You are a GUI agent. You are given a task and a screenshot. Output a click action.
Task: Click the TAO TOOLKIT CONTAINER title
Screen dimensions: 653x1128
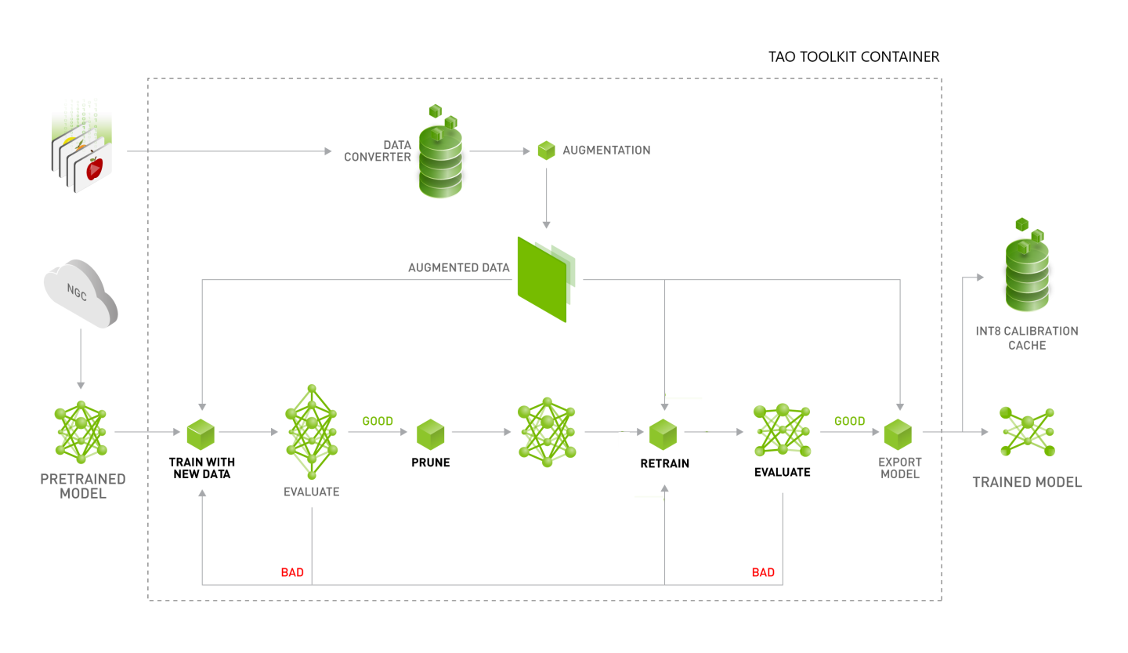[854, 57]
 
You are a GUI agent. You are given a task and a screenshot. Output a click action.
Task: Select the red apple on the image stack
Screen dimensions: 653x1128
[95, 167]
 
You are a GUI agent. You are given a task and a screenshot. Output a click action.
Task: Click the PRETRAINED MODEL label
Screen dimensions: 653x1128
[82, 486]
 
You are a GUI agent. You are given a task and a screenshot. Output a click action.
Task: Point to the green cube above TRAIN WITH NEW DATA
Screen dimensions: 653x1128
[201, 433]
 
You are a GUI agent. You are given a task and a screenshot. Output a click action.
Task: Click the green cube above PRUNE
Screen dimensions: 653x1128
[430, 433]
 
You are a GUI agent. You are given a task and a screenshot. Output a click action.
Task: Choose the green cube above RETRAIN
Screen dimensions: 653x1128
[663, 433]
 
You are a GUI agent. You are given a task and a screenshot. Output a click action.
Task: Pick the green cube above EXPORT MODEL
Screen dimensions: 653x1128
[898, 433]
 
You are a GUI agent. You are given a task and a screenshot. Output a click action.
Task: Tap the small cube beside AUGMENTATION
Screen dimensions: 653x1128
[546, 151]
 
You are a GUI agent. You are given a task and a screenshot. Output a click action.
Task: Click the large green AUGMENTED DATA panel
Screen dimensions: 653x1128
[542, 278]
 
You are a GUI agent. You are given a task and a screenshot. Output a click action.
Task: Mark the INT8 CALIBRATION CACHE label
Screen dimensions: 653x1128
[1027, 338]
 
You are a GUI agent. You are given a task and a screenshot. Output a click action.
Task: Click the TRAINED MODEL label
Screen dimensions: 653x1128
[1027, 482]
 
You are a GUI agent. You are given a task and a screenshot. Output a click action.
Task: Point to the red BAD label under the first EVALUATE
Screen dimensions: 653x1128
[292, 572]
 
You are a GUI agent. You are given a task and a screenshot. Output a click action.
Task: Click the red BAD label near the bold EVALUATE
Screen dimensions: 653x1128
[763, 572]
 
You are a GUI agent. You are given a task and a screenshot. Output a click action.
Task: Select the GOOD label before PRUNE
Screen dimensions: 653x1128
[378, 421]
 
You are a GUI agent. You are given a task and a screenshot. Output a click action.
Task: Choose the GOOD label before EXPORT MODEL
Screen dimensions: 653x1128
[849, 421]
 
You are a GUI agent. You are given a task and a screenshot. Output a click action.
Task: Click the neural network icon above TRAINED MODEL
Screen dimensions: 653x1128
[1027, 432]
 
